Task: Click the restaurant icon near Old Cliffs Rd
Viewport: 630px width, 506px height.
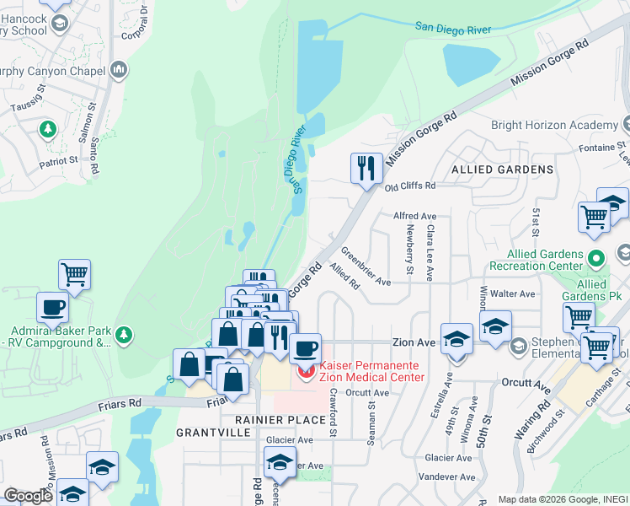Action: pos(366,167)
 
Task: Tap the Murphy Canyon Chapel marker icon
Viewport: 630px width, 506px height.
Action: pos(119,68)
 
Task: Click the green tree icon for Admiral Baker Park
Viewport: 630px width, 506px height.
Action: pos(125,336)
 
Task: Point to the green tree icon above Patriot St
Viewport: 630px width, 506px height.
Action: pos(48,129)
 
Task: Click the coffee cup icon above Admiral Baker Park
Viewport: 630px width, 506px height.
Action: pos(52,305)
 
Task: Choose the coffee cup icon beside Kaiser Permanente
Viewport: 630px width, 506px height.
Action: pos(305,346)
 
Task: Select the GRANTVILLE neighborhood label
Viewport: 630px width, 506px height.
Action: pos(212,432)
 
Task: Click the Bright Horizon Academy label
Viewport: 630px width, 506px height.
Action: pos(553,125)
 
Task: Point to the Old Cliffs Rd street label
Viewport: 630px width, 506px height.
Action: pos(410,186)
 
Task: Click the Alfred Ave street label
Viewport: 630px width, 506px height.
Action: pos(415,216)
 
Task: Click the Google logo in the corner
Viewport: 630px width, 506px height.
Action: pos(29,496)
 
